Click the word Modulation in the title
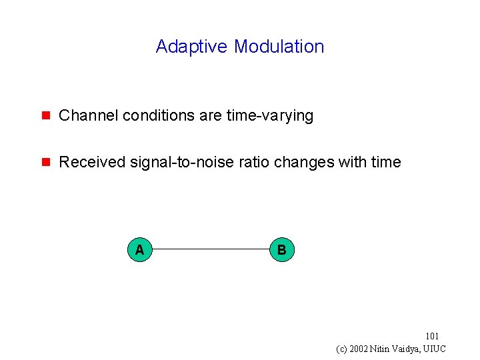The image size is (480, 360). pos(279,47)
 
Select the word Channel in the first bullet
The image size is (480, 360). pos(83,115)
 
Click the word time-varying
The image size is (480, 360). pos(269,115)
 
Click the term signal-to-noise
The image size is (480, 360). pos(171,162)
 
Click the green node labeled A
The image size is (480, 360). pos(139,249)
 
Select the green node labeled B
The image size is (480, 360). pos(281,249)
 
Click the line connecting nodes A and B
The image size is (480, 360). pos(210,249)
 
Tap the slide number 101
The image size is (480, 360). pos(432,337)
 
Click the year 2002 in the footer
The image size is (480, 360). pos(361,349)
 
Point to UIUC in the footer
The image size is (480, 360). pos(438,349)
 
